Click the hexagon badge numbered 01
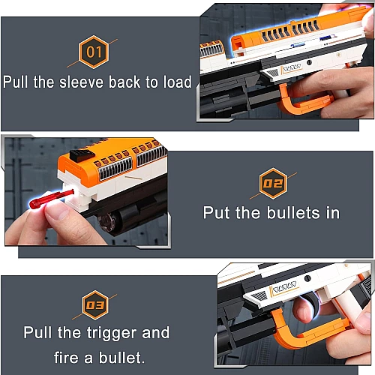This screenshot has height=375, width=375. [94, 52]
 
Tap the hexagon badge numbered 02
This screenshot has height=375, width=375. [273, 183]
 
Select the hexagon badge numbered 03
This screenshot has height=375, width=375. [95, 305]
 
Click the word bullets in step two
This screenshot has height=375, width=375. [293, 213]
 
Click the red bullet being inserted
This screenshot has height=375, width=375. [51, 199]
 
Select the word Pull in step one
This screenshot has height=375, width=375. [15, 82]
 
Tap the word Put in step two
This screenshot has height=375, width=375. [216, 213]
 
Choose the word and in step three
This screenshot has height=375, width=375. [155, 332]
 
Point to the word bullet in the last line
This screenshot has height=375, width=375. [121, 357]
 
